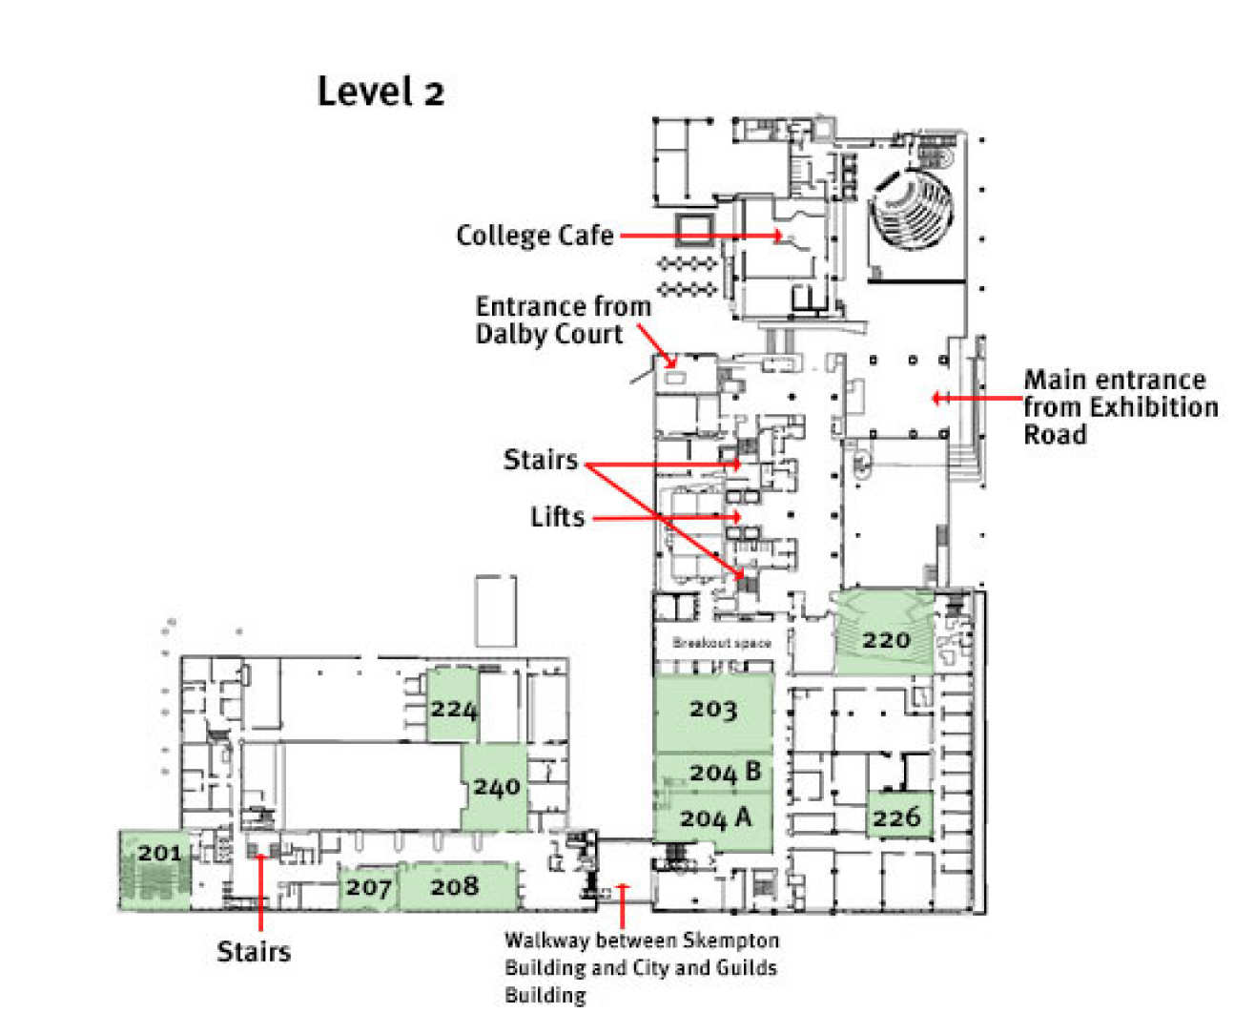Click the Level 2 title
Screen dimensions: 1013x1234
[380, 93]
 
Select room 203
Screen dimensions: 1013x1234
[712, 711]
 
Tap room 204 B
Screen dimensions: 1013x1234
[725, 773]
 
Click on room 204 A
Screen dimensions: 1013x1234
[715, 818]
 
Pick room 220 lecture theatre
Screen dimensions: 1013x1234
[885, 640]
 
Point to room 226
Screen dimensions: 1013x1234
[896, 817]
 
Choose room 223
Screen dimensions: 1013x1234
[453, 710]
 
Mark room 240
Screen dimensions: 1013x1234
[496, 788]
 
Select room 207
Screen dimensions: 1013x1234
[368, 888]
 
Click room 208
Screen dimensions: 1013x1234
[454, 887]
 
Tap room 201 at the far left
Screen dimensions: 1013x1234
[158, 854]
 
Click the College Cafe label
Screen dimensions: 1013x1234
[535, 236]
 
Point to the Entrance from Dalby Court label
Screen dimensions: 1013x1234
[563, 320]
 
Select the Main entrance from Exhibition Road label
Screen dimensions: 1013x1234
[1120, 407]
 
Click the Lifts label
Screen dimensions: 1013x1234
[557, 517]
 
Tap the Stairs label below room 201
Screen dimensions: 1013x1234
[253, 952]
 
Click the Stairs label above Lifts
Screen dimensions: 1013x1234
[540, 460]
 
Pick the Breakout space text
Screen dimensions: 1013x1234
[721, 643]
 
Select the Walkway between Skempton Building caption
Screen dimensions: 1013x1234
[641, 967]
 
